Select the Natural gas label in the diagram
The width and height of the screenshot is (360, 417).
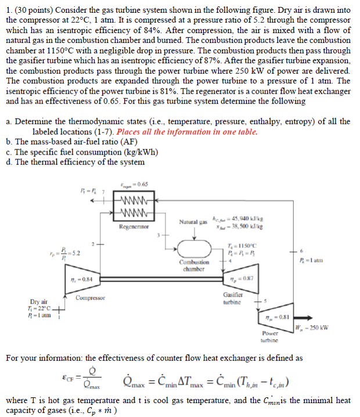click(192, 222)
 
